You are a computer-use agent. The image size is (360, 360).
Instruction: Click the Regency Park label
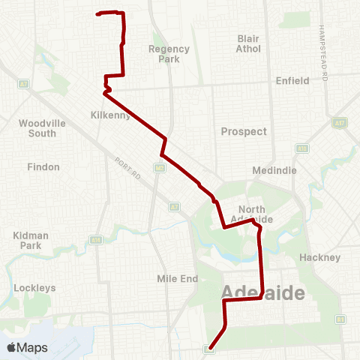point(169,54)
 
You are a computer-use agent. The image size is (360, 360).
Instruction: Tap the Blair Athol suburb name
point(248,43)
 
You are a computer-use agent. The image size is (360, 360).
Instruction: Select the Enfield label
point(292,80)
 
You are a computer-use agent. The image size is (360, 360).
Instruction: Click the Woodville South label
point(37,127)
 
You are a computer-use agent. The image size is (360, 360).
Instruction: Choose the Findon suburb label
point(43,166)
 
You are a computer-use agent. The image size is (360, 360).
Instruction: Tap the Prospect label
point(244,131)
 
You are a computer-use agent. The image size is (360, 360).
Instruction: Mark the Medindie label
point(274,170)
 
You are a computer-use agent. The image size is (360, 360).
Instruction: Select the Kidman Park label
point(31,240)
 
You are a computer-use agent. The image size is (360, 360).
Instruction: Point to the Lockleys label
point(34,287)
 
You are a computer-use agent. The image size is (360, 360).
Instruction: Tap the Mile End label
point(177,278)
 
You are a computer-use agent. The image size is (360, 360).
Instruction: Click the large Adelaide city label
point(262,292)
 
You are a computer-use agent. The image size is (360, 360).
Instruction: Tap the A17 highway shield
point(342,122)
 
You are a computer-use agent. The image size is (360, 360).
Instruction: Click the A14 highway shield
point(96,240)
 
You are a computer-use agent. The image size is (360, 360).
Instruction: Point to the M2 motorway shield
point(160,169)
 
